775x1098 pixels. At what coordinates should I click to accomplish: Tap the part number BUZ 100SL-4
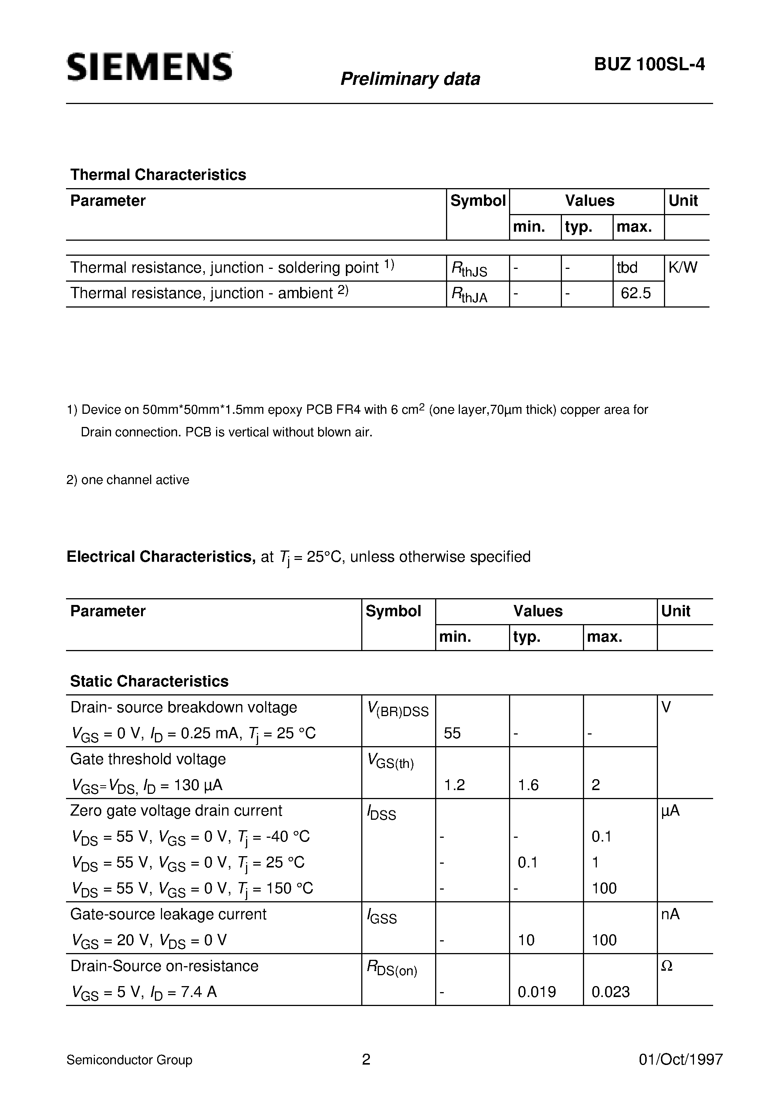point(649,64)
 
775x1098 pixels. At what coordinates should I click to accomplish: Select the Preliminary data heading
point(410,79)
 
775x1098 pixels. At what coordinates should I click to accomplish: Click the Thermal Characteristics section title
point(158,175)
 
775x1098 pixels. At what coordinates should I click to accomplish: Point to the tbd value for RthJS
point(627,267)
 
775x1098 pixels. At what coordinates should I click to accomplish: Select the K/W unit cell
point(682,267)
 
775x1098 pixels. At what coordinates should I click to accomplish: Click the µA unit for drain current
point(670,811)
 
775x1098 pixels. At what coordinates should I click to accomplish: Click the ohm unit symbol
point(667,966)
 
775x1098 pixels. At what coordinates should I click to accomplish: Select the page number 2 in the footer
point(366,1060)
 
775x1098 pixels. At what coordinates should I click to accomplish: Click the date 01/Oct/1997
point(680,1060)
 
